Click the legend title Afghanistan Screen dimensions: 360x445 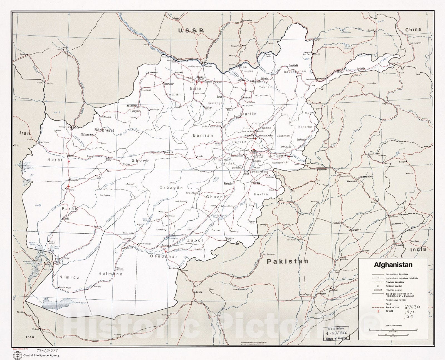(x=393, y=265)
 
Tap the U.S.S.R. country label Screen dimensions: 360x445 (x=191, y=31)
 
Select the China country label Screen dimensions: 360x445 (x=413, y=29)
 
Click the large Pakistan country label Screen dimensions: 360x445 (x=288, y=261)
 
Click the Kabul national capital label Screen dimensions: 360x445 (x=254, y=151)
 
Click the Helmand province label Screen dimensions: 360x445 (x=110, y=274)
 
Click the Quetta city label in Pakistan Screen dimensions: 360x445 (x=199, y=292)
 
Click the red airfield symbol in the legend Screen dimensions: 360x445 (x=378, y=311)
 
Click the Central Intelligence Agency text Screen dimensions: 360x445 (x=41, y=355)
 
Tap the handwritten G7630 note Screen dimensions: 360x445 (x=412, y=307)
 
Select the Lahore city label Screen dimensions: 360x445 (x=400, y=245)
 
